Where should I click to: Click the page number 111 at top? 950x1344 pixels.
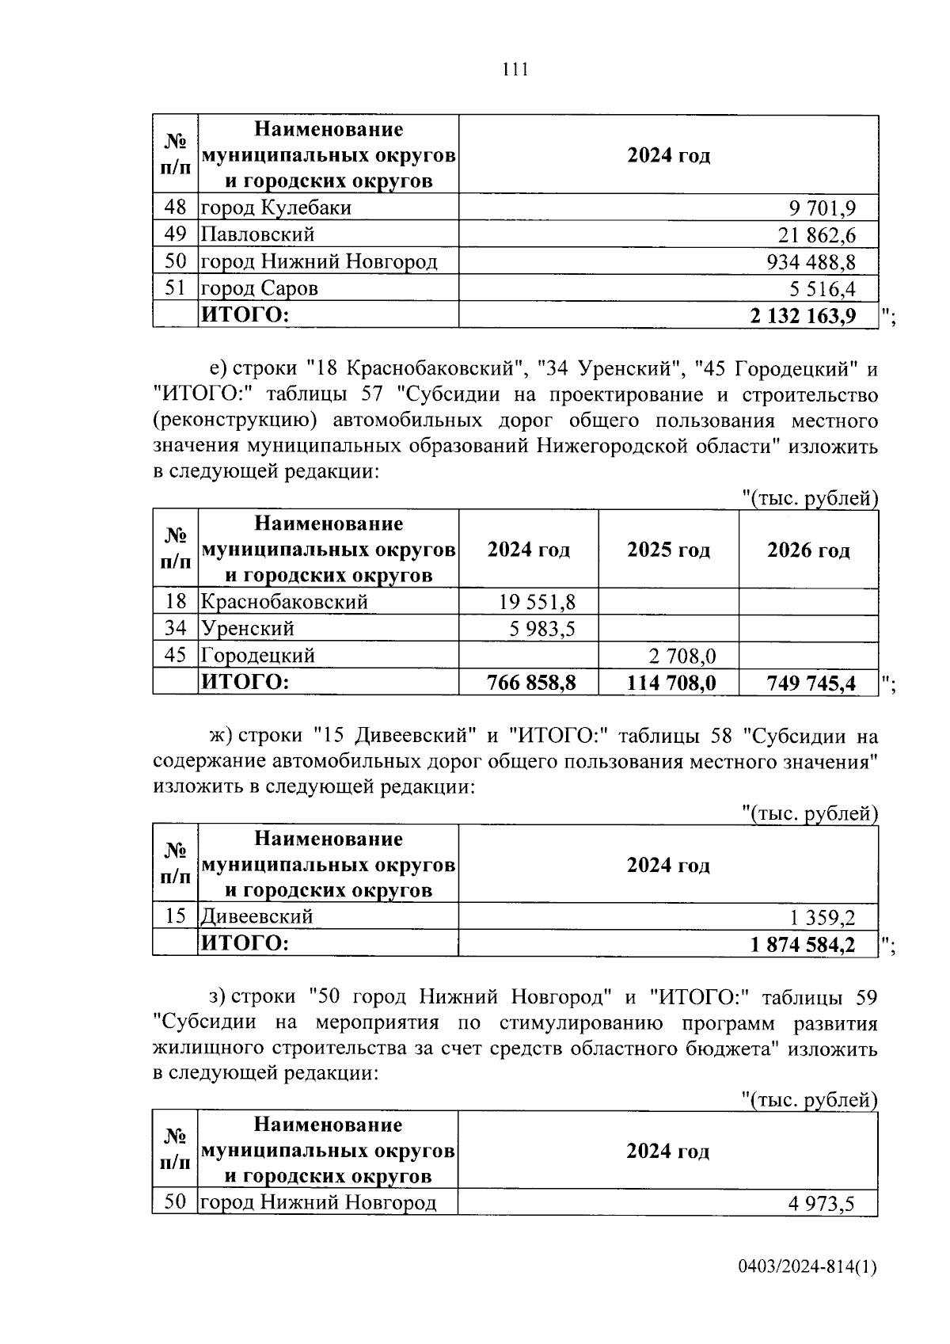click(515, 70)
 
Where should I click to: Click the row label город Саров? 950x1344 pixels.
click(260, 288)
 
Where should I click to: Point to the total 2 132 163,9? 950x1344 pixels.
click(803, 315)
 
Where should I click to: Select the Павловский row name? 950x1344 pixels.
click(258, 235)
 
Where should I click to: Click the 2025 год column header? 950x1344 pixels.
click(668, 550)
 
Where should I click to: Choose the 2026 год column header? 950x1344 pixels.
click(808, 550)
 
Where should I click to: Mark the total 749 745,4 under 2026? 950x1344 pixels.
click(811, 683)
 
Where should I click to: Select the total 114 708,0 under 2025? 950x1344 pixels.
click(671, 683)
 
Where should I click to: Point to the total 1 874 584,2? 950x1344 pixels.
click(803, 944)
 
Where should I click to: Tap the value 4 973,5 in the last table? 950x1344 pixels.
click(821, 1204)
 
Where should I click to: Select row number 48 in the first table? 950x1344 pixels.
click(175, 208)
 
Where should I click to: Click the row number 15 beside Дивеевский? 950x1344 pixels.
click(175, 916)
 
